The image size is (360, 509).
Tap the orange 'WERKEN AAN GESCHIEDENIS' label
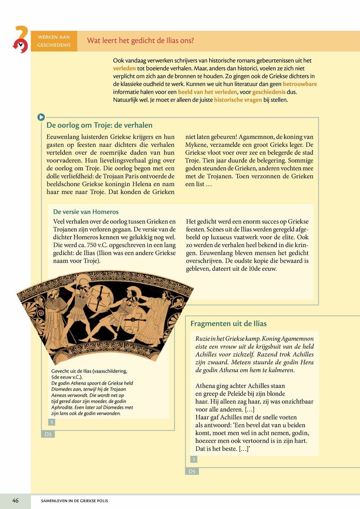(x=54, y=41)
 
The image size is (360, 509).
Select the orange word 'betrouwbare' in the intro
(x=300, y=84)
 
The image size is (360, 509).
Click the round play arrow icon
(x=41, y=117)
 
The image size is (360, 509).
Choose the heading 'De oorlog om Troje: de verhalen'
(x=99, y=125)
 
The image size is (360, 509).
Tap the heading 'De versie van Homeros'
(x=86, y=212)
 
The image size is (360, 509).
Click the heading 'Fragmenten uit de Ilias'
(x=228, y=324)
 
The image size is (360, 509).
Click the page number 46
(x=15, y=501)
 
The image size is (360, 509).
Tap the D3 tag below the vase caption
(x=48, y=434)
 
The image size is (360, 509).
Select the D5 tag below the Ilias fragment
(x=192, y=472)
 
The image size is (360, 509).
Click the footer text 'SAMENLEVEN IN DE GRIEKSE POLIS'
(x=75, y=501)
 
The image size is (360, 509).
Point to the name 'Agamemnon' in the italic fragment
(x=296, y=339)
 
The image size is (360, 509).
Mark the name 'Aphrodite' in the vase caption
(x=62, y=407)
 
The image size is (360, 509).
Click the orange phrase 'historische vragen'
(x=238, y=100)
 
